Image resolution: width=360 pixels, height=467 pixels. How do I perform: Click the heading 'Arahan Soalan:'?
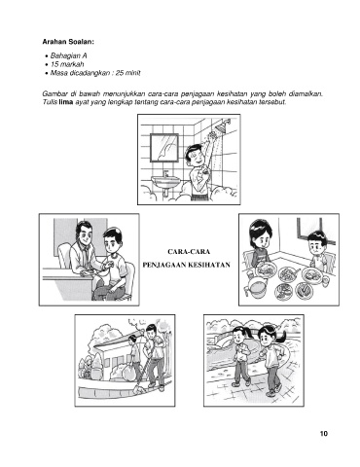68,42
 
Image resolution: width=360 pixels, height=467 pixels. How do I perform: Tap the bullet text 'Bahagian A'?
69,55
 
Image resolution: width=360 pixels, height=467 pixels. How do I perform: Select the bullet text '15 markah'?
67,64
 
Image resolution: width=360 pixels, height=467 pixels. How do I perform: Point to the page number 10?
324,434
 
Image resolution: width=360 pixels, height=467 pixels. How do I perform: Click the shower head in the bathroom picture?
222,126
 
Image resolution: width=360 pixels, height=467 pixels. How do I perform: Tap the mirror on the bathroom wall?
164,148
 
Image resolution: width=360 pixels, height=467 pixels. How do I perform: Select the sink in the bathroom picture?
165,182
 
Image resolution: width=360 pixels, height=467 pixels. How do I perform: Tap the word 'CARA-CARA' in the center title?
189,252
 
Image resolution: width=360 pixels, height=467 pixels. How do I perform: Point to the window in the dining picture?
309,230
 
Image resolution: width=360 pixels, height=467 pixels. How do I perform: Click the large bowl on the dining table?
257,287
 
